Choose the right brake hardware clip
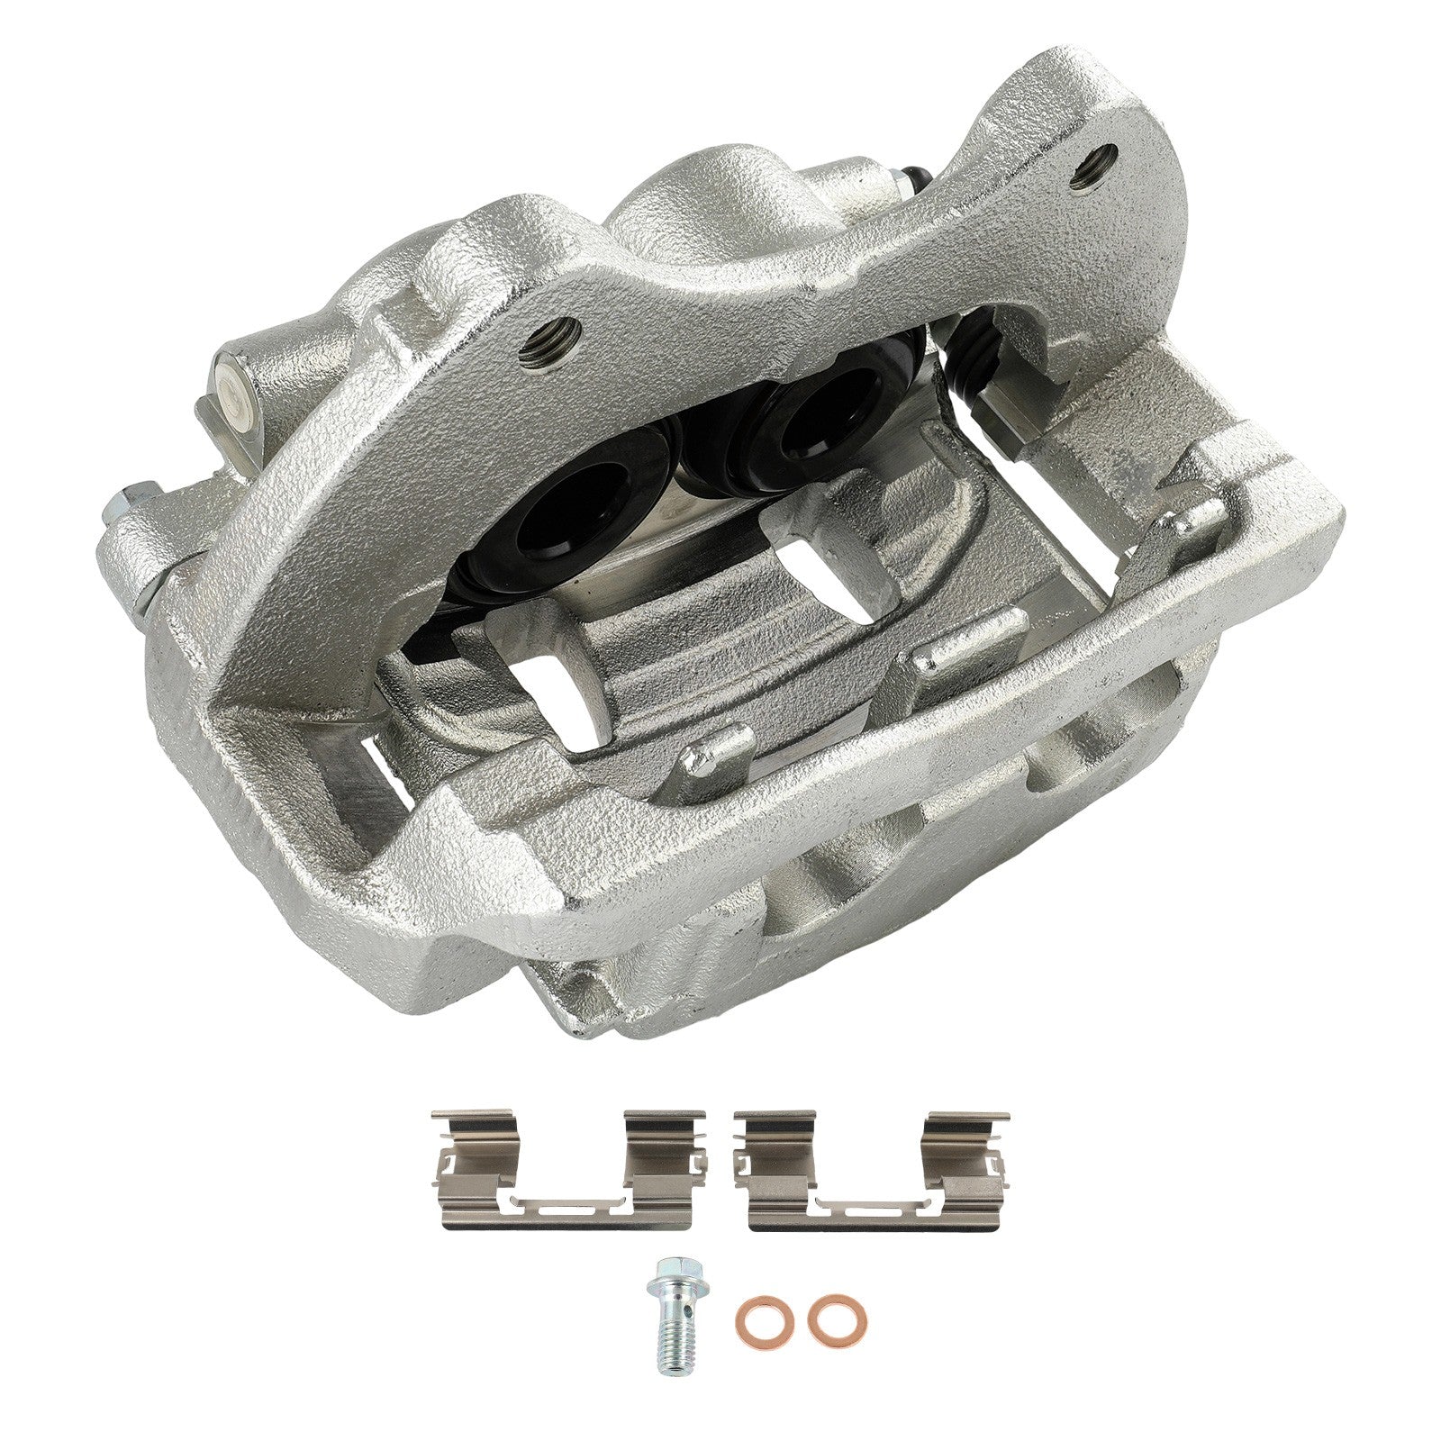(870, 1171)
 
